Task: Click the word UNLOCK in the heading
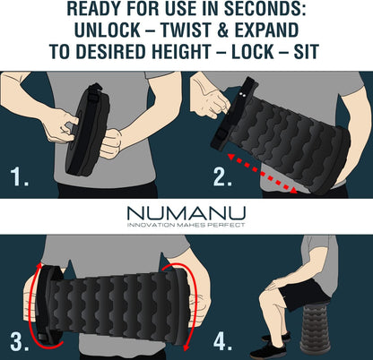point(107,30)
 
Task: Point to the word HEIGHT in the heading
point(181,51)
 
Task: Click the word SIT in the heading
point(307,51)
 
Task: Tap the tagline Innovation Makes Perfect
point(186,225)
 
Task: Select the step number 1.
point(19,176)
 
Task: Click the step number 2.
point(222,176)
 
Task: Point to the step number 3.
point(20,341)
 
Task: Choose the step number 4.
point(223,341)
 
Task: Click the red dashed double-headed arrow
point(263,173)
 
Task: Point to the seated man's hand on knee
point(276,285)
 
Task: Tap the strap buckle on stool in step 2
point(221,135)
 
